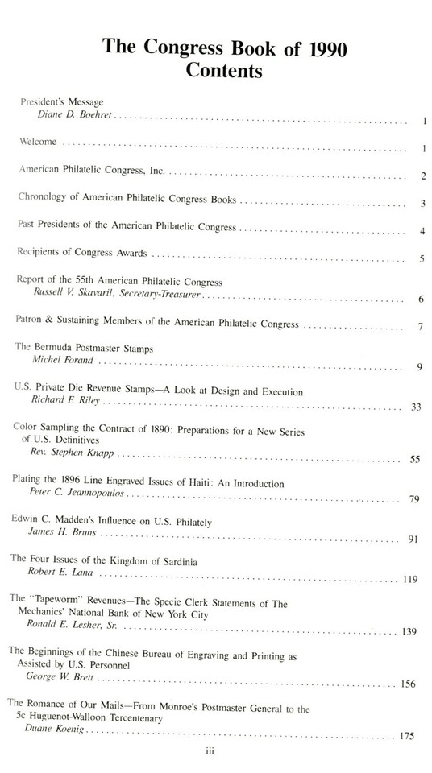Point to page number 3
(x=422, y=204)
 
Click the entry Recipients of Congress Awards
(x=82, y=254)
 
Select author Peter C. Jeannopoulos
(x=79, y=497)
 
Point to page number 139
(x=409, y=631)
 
